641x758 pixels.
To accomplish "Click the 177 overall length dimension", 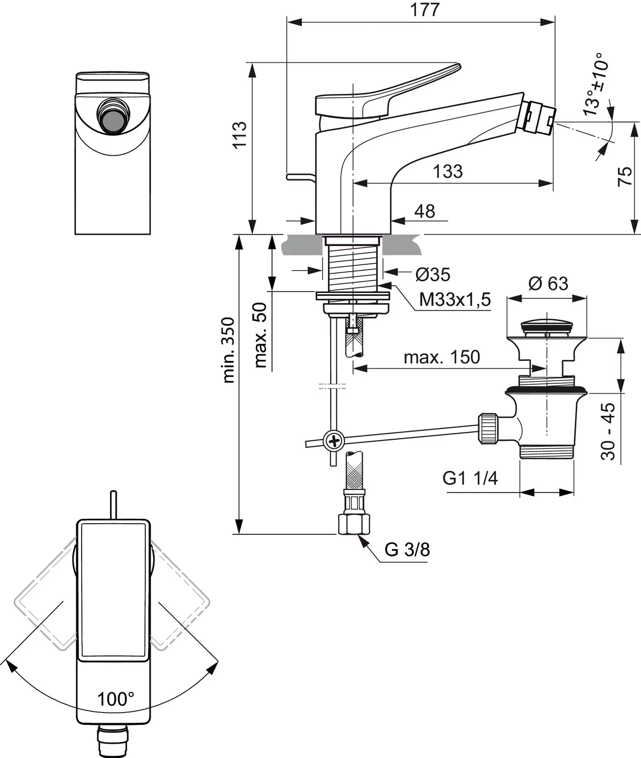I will (x=426, y=10).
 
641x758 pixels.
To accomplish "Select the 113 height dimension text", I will (x=239, y=135).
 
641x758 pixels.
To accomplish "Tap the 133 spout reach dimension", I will (x=448, y=171).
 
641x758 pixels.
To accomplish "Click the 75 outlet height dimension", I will (x=625, y=176).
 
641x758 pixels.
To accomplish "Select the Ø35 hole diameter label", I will (x=433, y=274).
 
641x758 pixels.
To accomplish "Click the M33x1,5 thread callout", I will (x=455, y=299).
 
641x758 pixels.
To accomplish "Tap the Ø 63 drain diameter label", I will (x=548, y=283).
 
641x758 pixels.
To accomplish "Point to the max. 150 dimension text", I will (x=442, y=357).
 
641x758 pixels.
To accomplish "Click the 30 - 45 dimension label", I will (x=608, y=431).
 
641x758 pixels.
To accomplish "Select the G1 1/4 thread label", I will (x=470, y=478).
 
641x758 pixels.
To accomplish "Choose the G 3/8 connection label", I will (x=407, y=549).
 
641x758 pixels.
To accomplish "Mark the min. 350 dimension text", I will (x=228, y=350).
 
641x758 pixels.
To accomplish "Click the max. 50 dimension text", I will (x=260, y=335).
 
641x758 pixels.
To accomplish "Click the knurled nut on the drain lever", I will (x=489, y=427).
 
